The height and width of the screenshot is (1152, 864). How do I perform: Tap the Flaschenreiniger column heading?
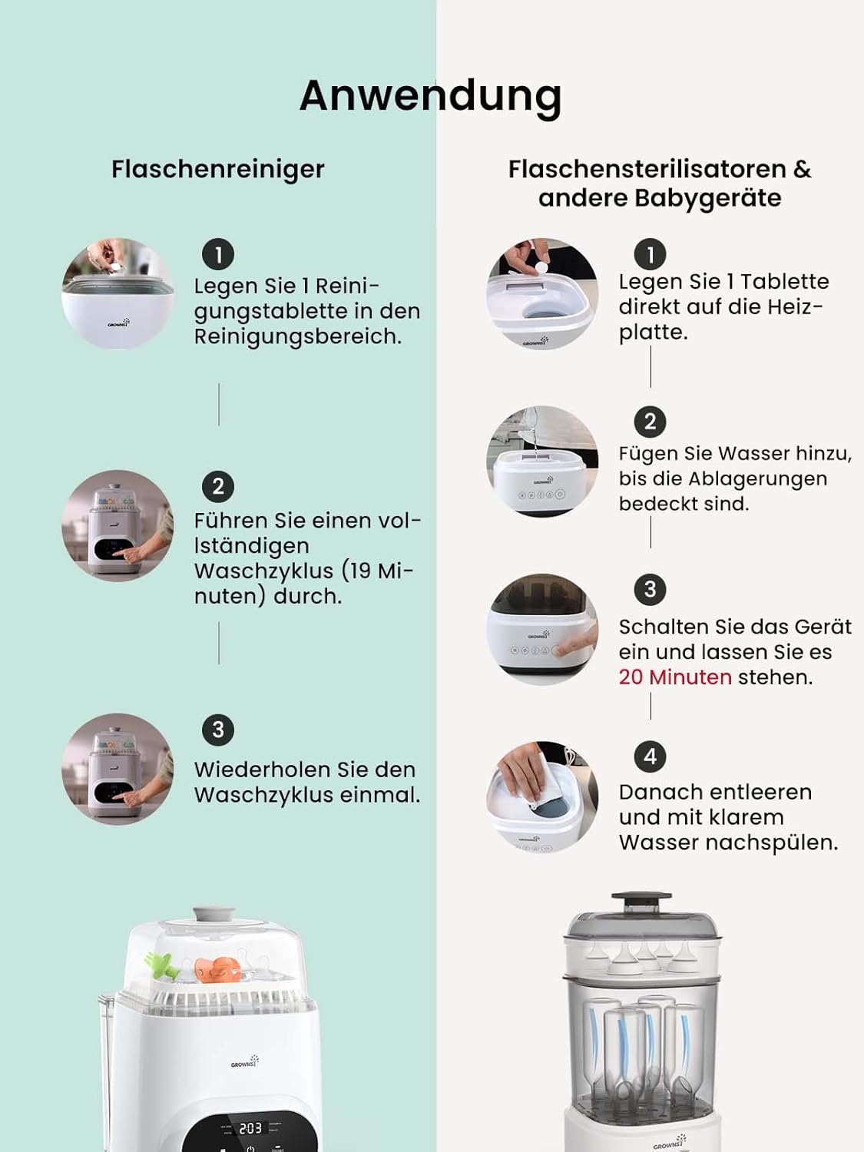click(217, 169)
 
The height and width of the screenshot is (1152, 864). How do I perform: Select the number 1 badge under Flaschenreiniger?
click(218, 254)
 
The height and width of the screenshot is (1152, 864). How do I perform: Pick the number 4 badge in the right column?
click(650, 756)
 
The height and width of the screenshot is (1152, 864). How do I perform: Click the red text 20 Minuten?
click(675, 677)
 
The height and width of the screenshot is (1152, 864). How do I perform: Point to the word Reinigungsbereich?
click(297, 336)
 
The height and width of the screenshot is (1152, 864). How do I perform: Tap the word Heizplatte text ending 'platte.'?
click(653, 332)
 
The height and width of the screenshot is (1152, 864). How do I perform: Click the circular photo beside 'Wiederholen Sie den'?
click(118, 769)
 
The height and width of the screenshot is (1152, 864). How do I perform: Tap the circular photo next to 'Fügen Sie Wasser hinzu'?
click(542, 461)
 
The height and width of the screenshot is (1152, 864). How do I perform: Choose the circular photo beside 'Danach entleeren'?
click(542, 796)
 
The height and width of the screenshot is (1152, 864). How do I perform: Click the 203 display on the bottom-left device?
click(250, 1128)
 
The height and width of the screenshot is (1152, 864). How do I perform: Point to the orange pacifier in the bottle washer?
click(214, 969)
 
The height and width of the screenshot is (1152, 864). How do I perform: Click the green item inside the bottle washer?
click(160, 965)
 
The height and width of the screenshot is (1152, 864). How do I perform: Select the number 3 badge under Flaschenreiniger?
click(218, 730)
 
